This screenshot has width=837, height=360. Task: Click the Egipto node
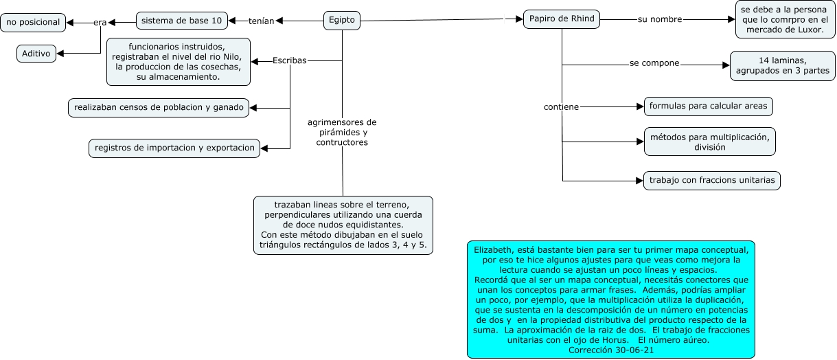pyautogui.click(x=341, y=21)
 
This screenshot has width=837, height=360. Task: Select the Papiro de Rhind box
pyautogui.click(x=562, y=19)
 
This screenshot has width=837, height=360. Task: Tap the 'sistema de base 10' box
pyautogui.click(x=181, y=21)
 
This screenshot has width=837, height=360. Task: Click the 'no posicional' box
pyautogui.click(x=33, y=23)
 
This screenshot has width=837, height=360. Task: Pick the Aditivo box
pyautogui.click(x=36, y=54)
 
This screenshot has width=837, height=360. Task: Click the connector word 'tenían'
pyautogui.click(x=261, y=21)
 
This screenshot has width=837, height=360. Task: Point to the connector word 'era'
pyautogui.click(x=100, y=23)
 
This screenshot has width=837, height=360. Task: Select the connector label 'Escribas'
pyautogui.click(x=289, y=60)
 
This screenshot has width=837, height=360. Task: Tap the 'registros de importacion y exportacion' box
pyautogui.click(x=174, y=148)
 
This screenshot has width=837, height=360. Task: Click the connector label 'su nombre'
pyautogui.click(x=659, y=19)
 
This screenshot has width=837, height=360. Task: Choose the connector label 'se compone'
pyautogui.click(x=654, y=63)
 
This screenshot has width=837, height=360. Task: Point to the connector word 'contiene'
pyautogui.click(x=561, y=107)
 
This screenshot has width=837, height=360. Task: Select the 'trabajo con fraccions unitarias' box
pyautogui.click(x=711, y=181)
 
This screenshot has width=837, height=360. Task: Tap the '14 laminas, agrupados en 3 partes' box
pyautogui.click(x=782, y=66)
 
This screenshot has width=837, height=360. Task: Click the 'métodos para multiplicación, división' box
pyautogui.click(x=709, y=142)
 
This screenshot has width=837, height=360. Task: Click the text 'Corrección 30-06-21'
pyautogui.click(x=610, y=350)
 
